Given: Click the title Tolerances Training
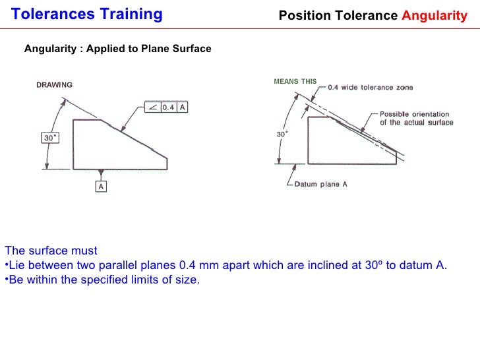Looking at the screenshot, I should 87,15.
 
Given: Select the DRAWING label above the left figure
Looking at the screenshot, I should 54,84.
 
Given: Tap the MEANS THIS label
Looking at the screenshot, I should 295,82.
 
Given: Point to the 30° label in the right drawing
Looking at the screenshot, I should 282,134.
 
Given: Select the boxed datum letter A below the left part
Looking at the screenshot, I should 102,187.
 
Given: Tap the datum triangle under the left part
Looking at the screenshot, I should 101,173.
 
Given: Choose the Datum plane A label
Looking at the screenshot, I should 320,185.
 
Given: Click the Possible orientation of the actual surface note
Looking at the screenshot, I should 416,118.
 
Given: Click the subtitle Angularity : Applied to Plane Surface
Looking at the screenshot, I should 117,49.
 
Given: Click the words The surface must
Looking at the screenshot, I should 51,251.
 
